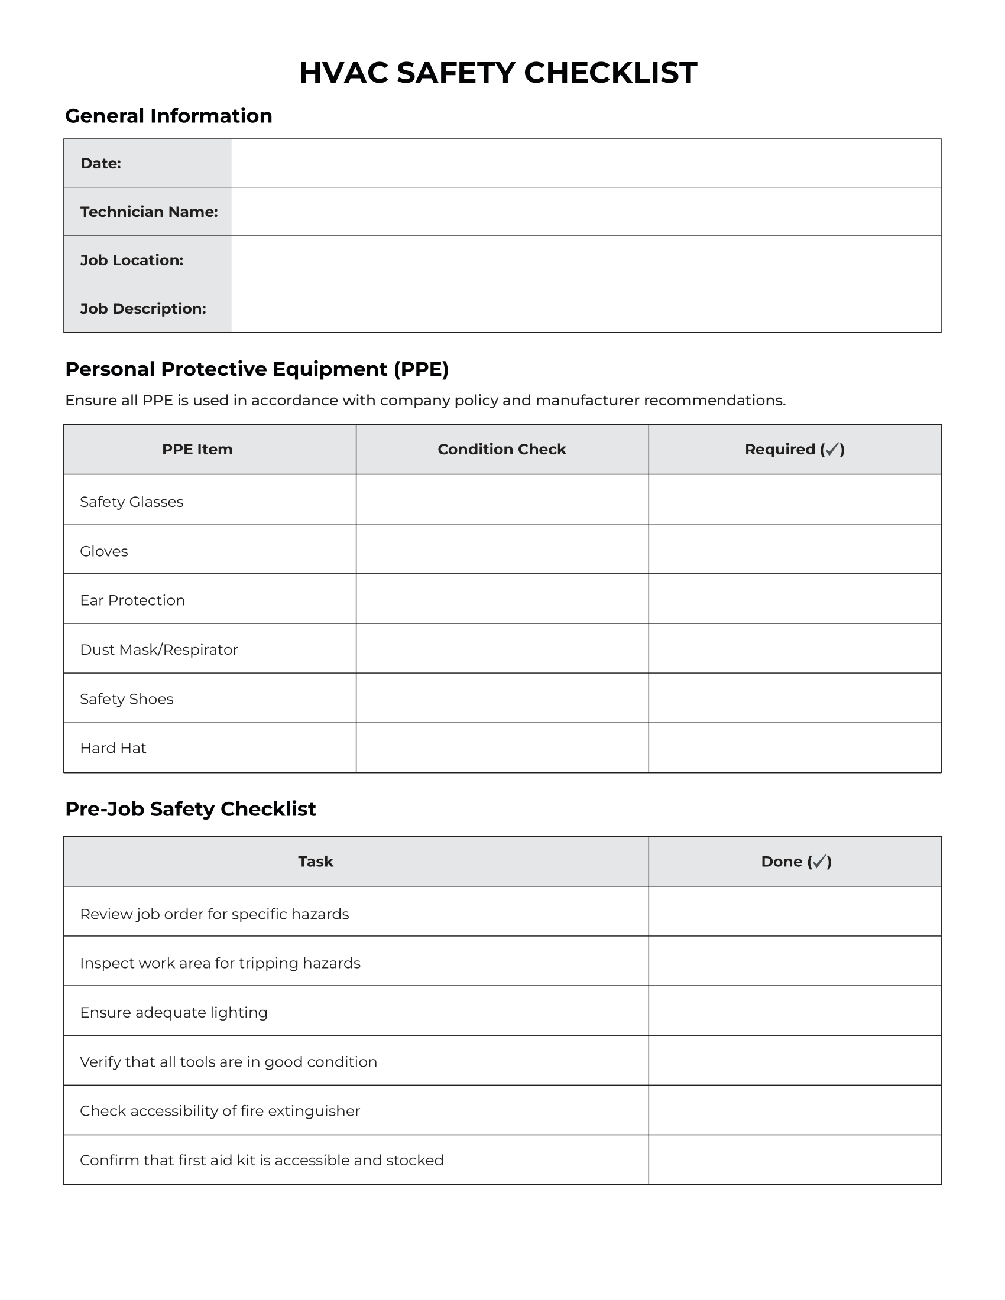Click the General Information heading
coord(168,115)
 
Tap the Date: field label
coord(100,163)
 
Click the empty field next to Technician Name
coord(586,212)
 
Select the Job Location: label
coord(132,260)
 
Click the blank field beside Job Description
coord(586,308)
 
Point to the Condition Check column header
coord(501,450)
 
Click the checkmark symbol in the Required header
coord(832,450)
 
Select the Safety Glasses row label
coord(132,502)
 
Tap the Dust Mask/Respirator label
coord(158,649)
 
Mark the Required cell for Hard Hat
coord(794,747)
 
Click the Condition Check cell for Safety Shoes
coord(501,698)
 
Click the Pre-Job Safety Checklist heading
coord(190,809)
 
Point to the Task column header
coord(315,862)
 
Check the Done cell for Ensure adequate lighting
coord(794,1010)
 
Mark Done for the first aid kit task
coord(794,1159)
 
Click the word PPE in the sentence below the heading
coord(157,400)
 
